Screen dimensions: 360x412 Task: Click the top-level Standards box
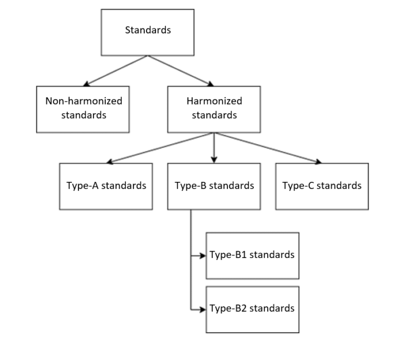click(x=148, y=32)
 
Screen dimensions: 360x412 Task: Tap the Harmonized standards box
click(x=214, y=108)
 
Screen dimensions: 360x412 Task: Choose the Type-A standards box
click(x=106, y=186)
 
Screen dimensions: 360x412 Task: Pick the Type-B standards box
click(x=214, y=186)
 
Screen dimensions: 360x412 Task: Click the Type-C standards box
click(x=322, y=186)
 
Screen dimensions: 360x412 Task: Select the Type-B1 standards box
click(x=252, y=255)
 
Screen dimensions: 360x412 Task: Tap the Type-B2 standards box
click(x=252, y=310)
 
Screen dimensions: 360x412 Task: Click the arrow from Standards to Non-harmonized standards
click(x=115, y=70)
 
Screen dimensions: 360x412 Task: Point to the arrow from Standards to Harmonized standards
click(x=180, y=70)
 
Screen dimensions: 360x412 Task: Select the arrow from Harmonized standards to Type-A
click(x=161, y=148)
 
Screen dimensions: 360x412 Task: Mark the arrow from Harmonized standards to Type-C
click(x=268, y=148)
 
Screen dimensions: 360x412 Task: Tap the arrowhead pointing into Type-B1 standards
click(x=203, y=255)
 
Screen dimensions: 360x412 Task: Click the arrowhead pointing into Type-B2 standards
click(x=203, y=310)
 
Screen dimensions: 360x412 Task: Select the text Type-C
click(x=298, y=186)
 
